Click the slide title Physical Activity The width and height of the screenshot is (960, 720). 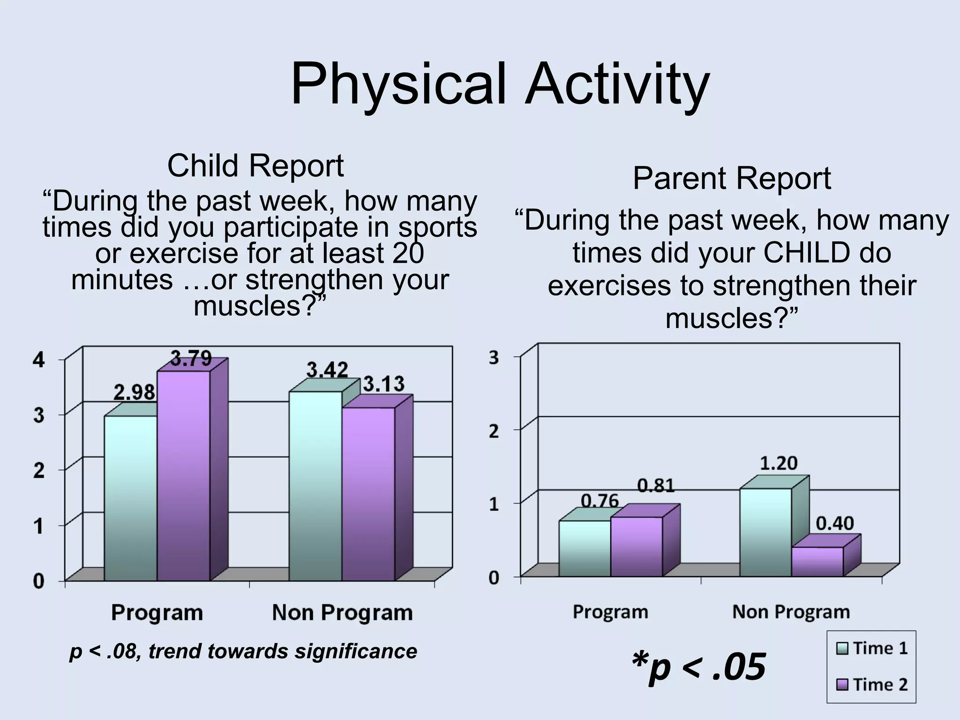tap(500, 85)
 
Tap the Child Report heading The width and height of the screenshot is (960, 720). tap(255, 166)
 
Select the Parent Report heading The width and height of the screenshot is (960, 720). tap(731, 179)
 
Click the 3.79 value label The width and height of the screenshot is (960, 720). tap(191, 359)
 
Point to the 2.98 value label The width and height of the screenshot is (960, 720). tap(135, 392)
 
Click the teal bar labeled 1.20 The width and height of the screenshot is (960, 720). tap(765, 532)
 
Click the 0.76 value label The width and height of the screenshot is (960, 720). tap(600, 501)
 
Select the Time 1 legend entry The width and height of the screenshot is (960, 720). tap(872, 649)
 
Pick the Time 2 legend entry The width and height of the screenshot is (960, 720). tap(872, 685)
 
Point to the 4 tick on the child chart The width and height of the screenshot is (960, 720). tap(39, 360)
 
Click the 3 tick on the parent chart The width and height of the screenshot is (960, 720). tap(494, 358)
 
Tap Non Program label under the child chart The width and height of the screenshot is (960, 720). tap(342, 613)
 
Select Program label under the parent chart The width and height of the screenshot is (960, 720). tap(610, 612)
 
